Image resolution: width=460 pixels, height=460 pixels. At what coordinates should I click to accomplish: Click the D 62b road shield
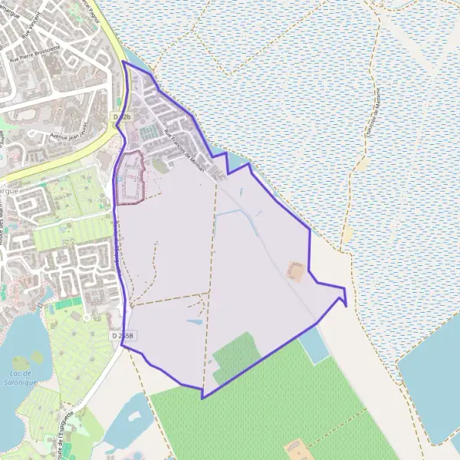click(x=122, y=117)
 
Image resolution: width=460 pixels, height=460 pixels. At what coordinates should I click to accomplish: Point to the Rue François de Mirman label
click(x=183, y=149)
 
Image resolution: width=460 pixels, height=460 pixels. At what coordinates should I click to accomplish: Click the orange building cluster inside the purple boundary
click(x=295, y=271)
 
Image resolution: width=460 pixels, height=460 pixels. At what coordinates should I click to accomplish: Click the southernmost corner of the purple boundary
click(x=202, y=398)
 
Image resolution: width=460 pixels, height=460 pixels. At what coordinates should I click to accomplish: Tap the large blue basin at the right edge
click(x=433, y=383)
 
